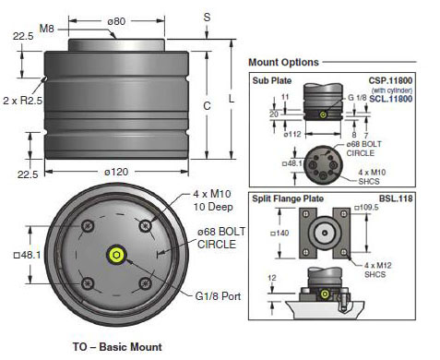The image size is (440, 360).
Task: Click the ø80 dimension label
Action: coord(116,21)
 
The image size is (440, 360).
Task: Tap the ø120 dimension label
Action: coord(116,172)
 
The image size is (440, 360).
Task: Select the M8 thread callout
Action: coord(47,29)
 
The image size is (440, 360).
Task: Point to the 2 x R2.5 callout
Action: coord(22,101)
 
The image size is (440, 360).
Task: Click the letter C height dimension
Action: coord(207,106)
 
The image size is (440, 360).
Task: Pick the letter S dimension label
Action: coord(207,17)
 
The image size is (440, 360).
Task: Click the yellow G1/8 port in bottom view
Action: coord(116,255)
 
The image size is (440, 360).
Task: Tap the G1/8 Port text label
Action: coord(218,296)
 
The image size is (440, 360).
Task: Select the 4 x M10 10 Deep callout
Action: coord(213,200)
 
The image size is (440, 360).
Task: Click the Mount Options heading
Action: coord(283,62)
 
